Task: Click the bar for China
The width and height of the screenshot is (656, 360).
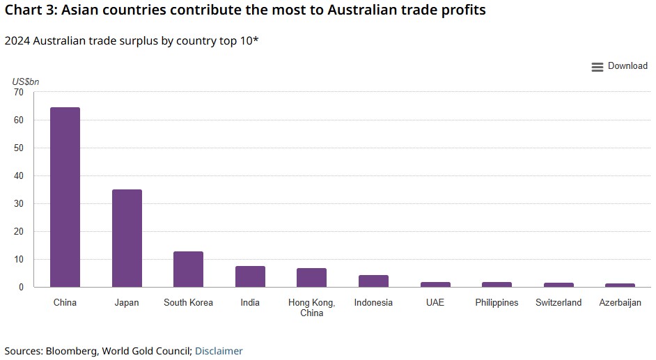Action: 65,197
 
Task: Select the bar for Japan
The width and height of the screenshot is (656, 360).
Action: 127,238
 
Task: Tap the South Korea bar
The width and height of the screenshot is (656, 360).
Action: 188,269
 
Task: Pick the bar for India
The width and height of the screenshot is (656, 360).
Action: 250,276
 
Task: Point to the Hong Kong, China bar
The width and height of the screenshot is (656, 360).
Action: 311,278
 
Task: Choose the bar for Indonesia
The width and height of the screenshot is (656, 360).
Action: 373,281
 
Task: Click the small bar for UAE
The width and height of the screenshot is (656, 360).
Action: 435,284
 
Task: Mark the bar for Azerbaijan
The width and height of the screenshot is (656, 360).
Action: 620,285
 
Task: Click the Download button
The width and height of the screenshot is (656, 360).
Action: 627,66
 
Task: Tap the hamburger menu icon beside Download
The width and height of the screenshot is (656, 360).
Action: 597,67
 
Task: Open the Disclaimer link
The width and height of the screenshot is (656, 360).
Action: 219,351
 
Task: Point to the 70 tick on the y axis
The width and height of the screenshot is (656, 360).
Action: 18,92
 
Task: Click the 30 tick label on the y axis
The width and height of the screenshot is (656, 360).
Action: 18,203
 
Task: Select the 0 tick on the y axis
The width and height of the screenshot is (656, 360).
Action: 20,287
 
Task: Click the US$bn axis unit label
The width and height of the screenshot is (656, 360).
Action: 26,81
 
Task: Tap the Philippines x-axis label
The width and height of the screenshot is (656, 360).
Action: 497,303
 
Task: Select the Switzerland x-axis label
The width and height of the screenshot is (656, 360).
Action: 559,303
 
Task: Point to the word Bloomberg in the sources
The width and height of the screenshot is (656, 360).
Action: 72,351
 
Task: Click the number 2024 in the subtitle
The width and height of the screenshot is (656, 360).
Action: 16,40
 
